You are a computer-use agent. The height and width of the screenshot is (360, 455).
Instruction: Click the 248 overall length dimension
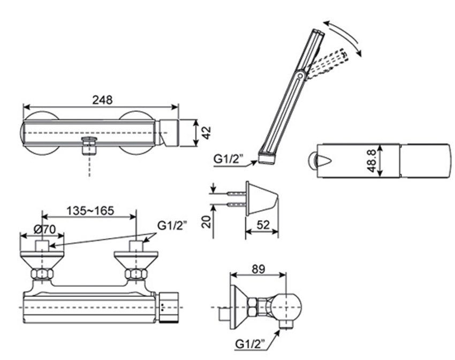click(102, 99)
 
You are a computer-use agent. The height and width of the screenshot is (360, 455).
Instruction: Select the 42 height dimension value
click(206, 132)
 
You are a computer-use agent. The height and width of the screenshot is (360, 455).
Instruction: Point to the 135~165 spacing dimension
click(90, 211)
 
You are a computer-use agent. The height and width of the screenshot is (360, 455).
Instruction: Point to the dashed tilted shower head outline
click(329, 63)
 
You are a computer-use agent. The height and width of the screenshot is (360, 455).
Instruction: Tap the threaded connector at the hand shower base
click(266, 157)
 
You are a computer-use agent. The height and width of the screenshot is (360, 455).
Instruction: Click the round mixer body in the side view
click(289, 305)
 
